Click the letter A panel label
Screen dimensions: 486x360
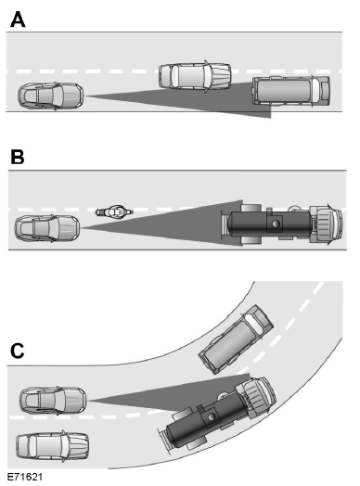17,18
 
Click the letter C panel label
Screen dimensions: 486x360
16,351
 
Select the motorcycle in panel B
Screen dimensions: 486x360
112,211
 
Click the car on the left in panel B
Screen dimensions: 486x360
47,227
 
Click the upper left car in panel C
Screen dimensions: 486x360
54,401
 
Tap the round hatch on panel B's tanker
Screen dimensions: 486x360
274,224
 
